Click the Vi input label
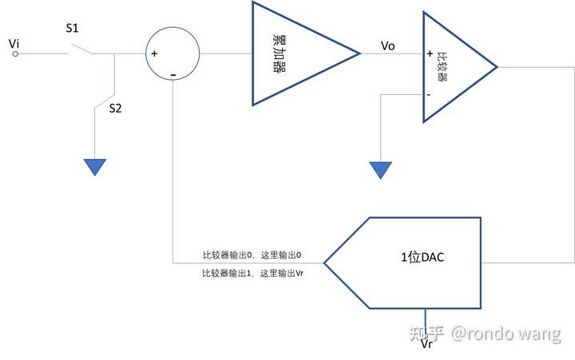click(x=14, y=41)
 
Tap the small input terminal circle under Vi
click(x=15, y=54)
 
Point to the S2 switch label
click(x=116, y=109)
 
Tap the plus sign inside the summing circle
click(x=154, y=53)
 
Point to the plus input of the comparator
click(x=430, y=54)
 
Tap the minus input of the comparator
click(x=429, y=94)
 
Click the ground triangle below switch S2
click(x=95, y=166)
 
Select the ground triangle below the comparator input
click(x=380, y=169)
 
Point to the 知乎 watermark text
click(x=426, y=333)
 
